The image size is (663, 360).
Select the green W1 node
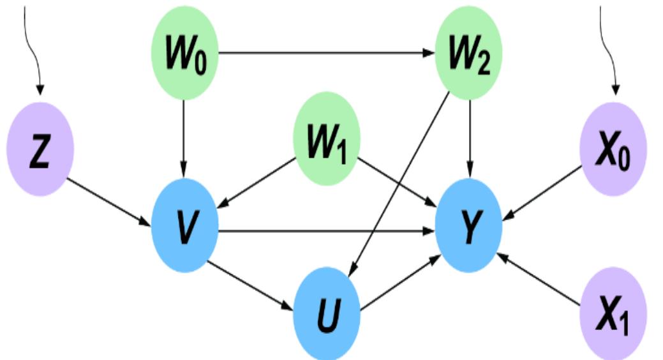pos(327,139)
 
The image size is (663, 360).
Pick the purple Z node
pos(40,150)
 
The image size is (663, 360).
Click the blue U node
pos(327,313)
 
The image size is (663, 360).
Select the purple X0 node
pos(613,150)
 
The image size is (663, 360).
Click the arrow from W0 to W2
pos(325,52)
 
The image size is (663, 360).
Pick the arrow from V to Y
pos(325,231)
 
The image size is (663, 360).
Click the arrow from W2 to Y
pos(470,137)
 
